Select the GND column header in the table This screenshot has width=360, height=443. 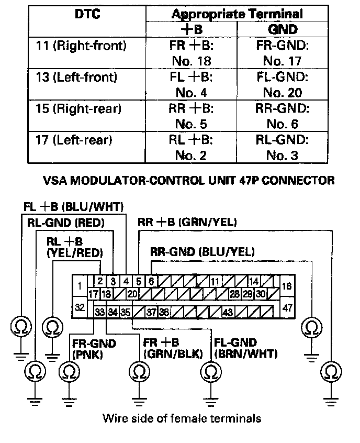[x=283, y=29]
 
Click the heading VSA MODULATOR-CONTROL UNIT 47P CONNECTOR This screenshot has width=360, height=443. [x=188, y=181]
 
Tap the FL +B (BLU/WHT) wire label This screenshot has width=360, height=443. [x=73, y=206]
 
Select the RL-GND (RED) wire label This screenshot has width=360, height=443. [x=66, y=222]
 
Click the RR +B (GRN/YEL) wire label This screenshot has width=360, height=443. [x=187, y=222]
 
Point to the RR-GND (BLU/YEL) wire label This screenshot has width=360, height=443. [x=203, y=252]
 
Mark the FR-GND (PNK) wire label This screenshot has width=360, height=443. [x=93, y=349]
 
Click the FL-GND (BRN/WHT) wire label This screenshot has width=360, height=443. [x=246, y=349]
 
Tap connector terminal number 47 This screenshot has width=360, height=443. [x=288, y=307]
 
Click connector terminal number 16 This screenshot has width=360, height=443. [x=288, y=286]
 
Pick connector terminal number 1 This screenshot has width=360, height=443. [x=80, y=286]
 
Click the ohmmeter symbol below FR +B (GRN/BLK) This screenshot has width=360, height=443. [x=138, y=372]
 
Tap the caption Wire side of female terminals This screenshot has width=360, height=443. [x=182, y=418]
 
